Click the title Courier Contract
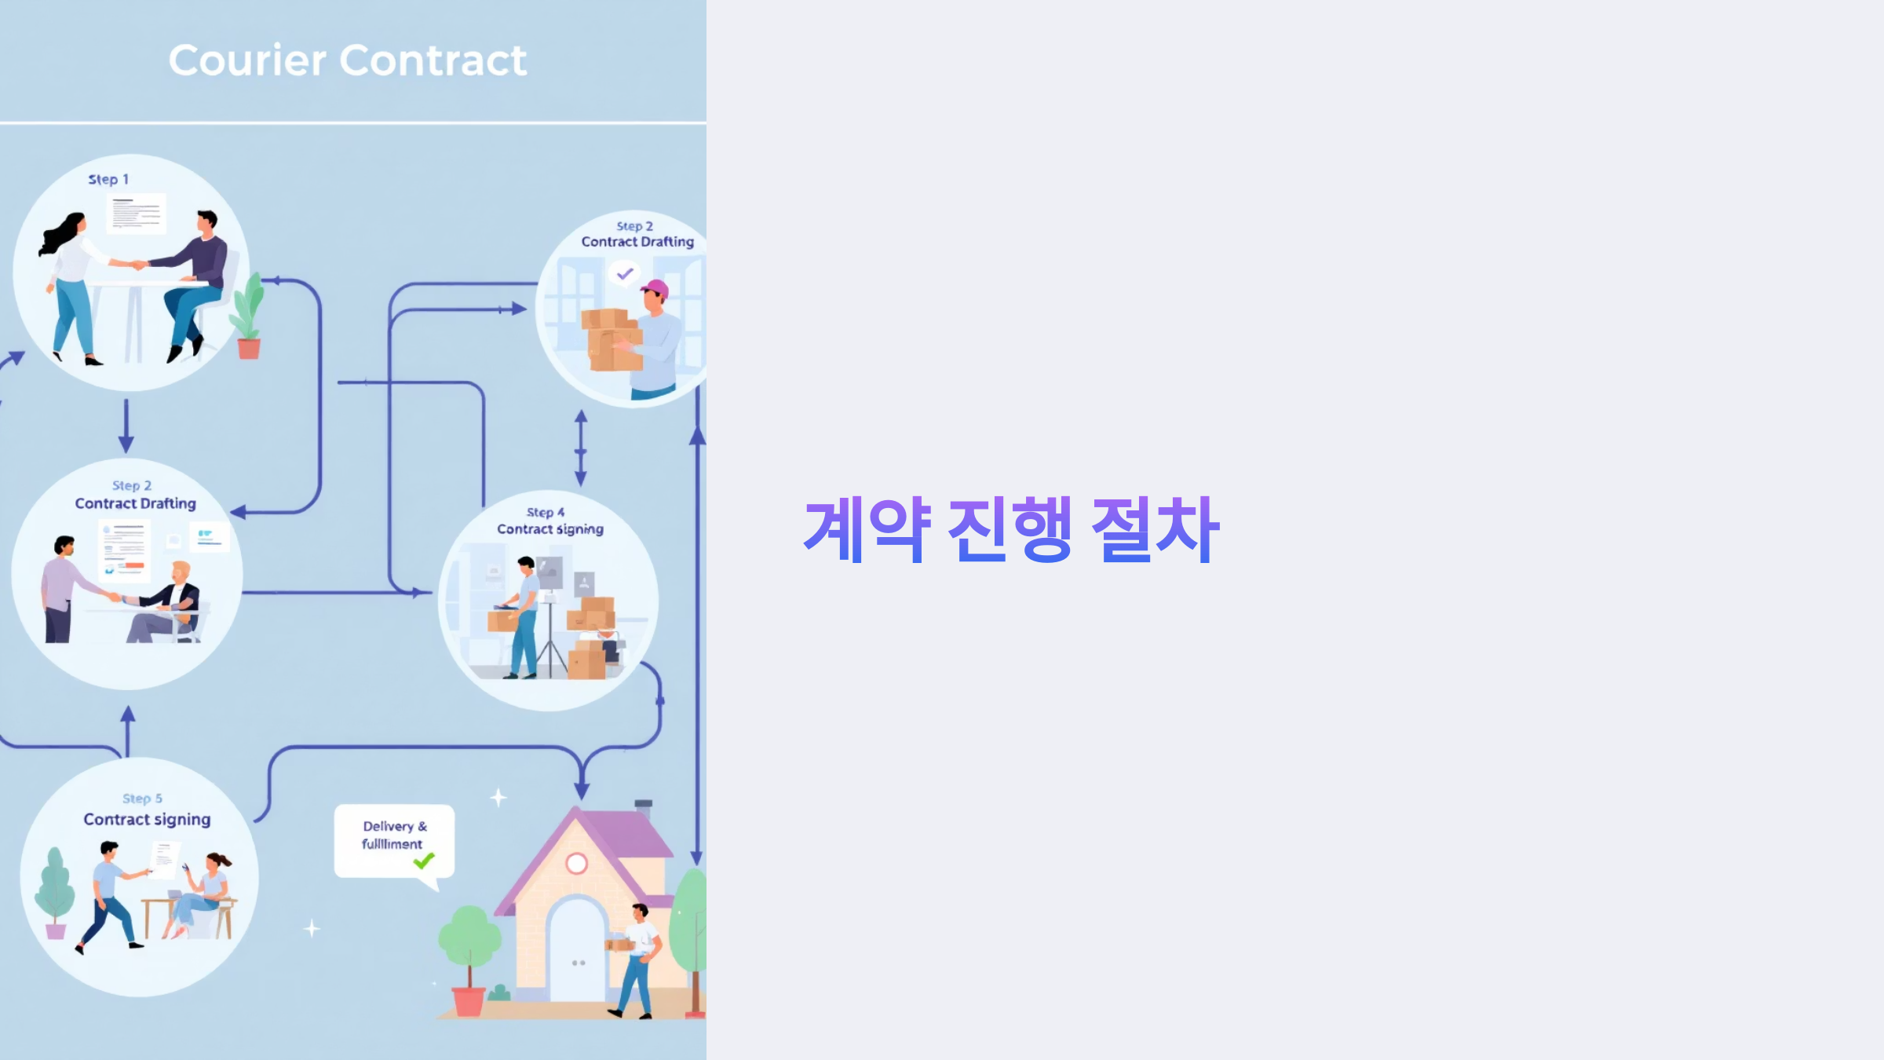coord(348,60)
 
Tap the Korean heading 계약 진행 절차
coord(1011,530)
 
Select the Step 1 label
coord(108,180)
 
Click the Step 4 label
coord(546,513)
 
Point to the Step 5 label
coord(142,799)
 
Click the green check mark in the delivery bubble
coord(424,861)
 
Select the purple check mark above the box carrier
coord(625,274)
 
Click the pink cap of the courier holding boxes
coord(656,288)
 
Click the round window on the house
coord(577,864)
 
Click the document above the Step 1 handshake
coord(137,213)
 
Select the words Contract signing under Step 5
coord(147,820)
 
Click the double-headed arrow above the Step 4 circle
coord(581,448)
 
